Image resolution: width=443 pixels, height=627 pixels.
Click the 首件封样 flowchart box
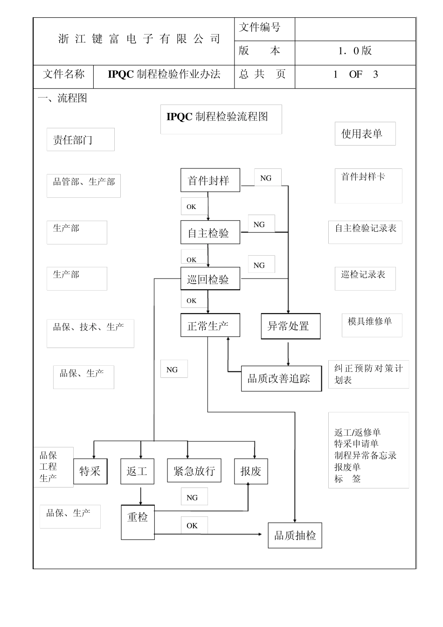(210, 181)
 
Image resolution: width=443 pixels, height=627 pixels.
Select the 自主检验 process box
(210, 232)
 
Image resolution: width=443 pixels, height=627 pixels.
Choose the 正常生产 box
(210, 326)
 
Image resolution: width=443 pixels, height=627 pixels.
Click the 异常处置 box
(291, 326)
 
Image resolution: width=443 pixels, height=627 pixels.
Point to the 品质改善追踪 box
(281, 378)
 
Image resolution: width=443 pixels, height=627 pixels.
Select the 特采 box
(90, 471)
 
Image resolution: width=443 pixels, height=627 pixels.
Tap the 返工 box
(137, 471)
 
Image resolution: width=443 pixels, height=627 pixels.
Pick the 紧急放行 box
(194, 471)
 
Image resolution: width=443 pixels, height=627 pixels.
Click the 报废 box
(251, 471)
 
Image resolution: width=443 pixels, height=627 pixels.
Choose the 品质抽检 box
(295, 535)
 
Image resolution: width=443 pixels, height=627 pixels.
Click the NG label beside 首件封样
(266, 178)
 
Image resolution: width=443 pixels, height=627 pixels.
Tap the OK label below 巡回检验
(192, 301)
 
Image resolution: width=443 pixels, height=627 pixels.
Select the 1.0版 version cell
(355, 51)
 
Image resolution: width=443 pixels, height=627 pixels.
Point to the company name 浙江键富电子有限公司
(139, 39)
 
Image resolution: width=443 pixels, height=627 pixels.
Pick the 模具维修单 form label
(370, 321)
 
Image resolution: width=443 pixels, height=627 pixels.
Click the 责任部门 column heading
(80, 139)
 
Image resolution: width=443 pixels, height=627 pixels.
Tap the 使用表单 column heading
(365, 134)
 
